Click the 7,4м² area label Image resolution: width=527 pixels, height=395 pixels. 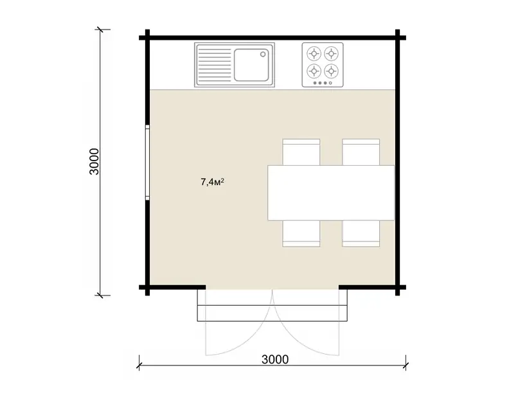pos(213,182)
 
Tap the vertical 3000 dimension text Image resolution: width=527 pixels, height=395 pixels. pos(94,162)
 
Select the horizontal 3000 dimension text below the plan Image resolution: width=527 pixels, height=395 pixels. pos(275,360)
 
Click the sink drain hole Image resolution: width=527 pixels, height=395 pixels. pos(263,54)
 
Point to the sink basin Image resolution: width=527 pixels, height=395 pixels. pos(251,65)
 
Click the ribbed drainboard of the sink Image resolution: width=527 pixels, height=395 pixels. pos(215,65)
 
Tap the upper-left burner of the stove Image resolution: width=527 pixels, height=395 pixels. pos(314,53)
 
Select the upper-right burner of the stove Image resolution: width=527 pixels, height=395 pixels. pos(331,53)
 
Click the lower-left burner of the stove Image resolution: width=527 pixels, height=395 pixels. pos(314,71)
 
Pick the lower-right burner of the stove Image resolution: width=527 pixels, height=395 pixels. pos(331,71)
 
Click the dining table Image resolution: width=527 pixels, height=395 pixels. pos(331,193)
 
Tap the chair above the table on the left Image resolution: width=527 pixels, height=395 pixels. pos(301,152)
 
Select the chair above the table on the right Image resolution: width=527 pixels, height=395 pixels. pos(361,152)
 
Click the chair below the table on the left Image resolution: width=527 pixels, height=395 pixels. pos(301,234)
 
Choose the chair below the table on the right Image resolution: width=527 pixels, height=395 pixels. pos(361,234)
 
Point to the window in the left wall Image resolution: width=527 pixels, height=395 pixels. pos(147,162)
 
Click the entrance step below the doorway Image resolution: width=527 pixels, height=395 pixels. pos(272,313)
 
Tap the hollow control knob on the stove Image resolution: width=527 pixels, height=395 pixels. pos(330,83)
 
